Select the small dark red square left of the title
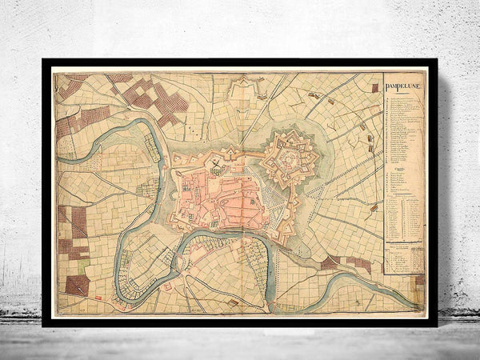374,87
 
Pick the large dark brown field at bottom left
78,285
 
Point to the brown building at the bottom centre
232,302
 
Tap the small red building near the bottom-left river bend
169,284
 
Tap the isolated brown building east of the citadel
374,208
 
